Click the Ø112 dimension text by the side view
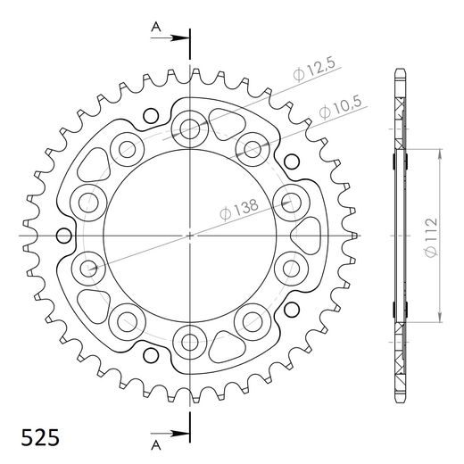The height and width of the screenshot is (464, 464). [x=430, y=236]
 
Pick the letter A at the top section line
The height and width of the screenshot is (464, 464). [x=154, y=27]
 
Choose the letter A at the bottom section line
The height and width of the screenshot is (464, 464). [x=154, y=443]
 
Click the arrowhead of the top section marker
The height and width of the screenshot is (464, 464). [x=184, y=37]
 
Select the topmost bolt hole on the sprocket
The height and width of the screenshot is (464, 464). [x=189, y=130]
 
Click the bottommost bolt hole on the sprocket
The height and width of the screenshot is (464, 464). [x=189, y=338]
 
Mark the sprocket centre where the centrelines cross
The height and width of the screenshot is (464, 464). [x=189, y=235]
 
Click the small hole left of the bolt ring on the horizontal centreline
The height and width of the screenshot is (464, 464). [x=62, y=236]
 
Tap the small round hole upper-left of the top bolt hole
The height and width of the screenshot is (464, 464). [x=152, y=114]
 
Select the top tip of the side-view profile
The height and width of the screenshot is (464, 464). [x=399, y=70]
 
